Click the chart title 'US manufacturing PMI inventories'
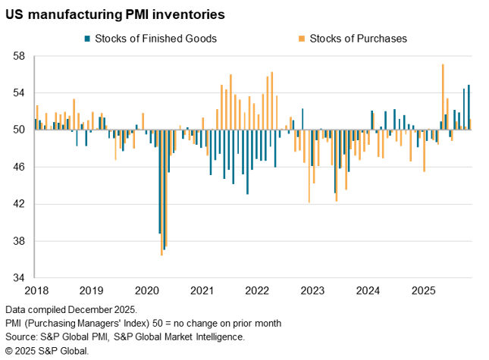(x=114, y=14)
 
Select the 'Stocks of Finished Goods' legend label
(x=155, y=38)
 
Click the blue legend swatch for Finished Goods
(x=88, y=38)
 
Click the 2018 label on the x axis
(x=36, y=291)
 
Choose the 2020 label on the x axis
(x=146, y=291)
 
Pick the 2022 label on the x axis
(x=257, y=291)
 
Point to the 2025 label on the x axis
(x=423, y=291)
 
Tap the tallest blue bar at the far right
(x=469, y=107)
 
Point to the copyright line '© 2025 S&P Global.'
(x=47, y=350)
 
